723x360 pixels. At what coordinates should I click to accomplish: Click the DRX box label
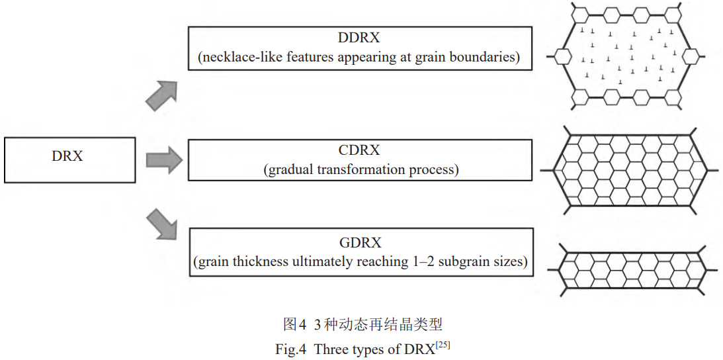pyautogui.click(x=67, y=156)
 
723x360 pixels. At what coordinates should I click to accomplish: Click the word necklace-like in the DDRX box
pyautogui.click(x=234, y=58)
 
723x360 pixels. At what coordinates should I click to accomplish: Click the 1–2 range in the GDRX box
pyautogui.click(x=436, y=262)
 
